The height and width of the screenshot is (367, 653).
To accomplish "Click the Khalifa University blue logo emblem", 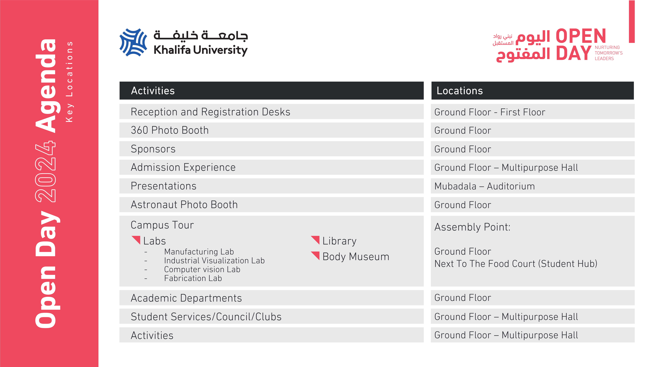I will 133,42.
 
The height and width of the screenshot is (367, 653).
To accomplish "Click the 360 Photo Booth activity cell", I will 170,130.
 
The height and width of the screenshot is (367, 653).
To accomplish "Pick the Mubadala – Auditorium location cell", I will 484,186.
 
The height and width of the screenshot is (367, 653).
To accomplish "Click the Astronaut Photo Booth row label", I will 184,205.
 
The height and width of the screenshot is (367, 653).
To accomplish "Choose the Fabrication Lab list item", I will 193,278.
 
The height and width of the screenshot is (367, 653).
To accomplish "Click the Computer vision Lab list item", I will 202,270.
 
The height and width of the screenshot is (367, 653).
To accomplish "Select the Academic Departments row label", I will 186,298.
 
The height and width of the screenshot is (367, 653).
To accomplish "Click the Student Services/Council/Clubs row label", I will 206,317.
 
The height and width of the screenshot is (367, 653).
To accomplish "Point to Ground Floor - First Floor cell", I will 490,112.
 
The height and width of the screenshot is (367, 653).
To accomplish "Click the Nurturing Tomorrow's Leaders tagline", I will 608,53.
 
